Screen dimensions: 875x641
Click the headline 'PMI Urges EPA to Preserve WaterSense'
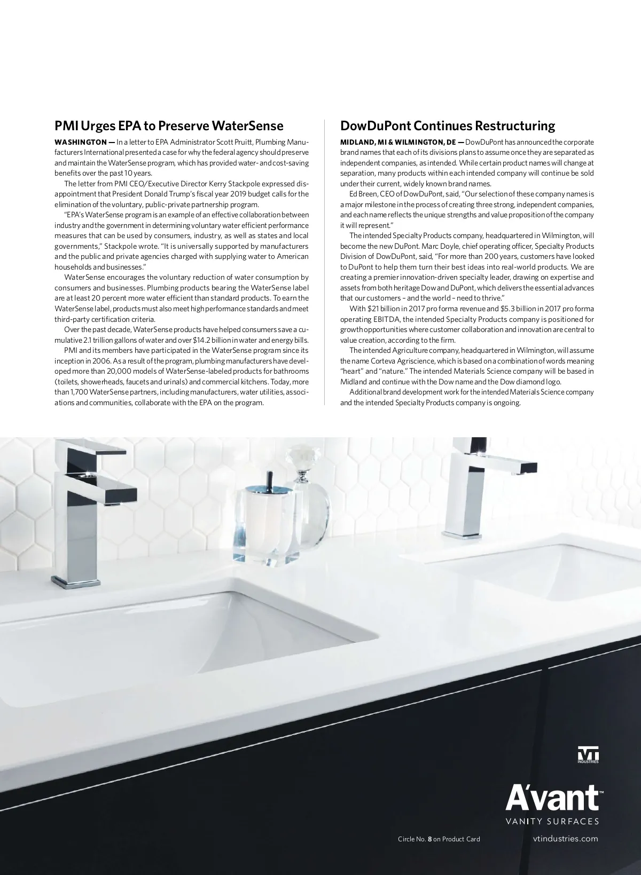pos(169,126)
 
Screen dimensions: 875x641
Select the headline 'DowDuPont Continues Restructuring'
pos(448,126)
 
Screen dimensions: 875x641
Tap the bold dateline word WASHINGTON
pos(81,142)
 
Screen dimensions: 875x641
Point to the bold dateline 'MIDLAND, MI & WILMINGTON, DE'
pos(398,142)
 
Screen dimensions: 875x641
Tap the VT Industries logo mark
pos(588,756)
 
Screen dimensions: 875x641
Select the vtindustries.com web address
pos(566,839)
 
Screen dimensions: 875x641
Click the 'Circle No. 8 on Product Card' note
pos(439,839)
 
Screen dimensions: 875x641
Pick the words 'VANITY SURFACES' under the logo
pos(552,821)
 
